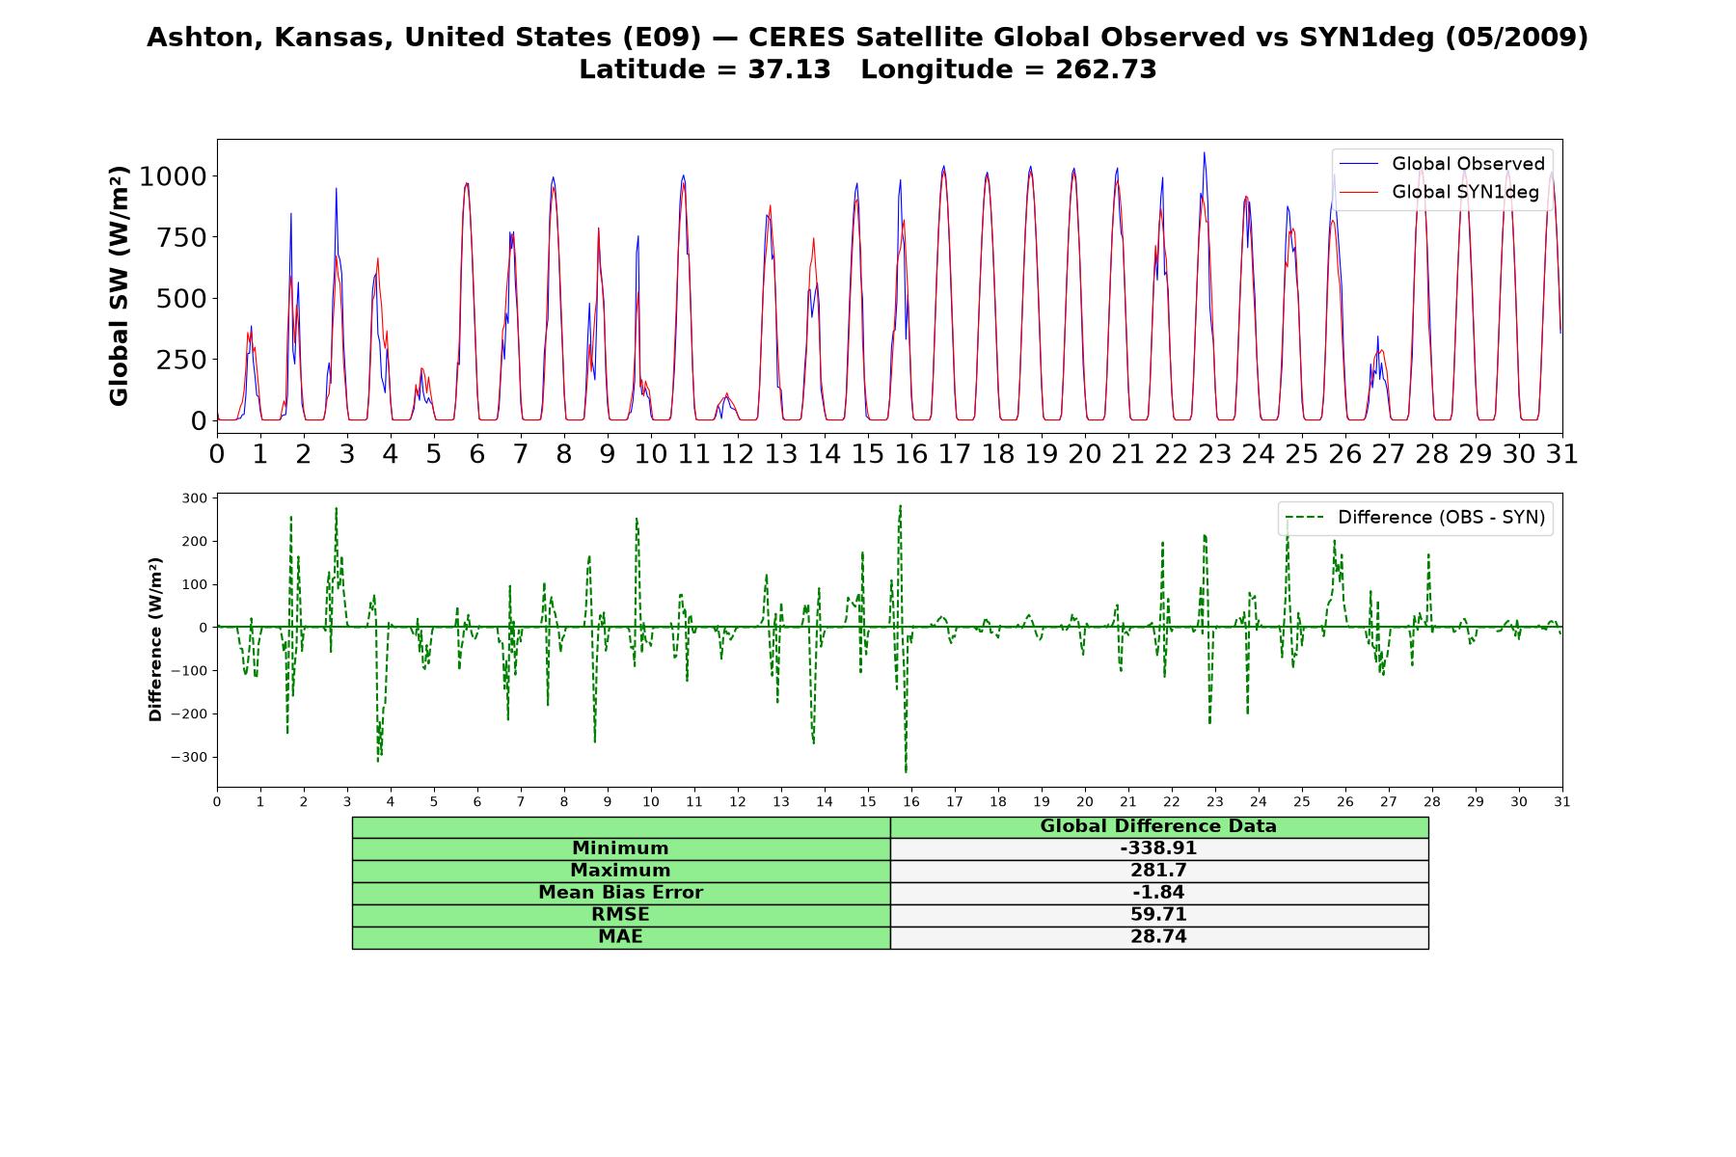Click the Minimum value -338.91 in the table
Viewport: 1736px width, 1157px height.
pyautogui.click(x=1158, y=848)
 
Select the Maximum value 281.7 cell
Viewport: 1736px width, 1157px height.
pyautogui.click(x=1158, y=871)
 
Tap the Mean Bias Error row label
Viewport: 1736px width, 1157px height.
pyautogui.click(x=620, y=893)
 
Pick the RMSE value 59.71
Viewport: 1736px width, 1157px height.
pyautogui.click(x=1158, y=915)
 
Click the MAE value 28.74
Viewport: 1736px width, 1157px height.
pyautogui.click(x=1158, y=937)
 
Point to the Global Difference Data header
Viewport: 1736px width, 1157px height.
pyautogui.click(x=1158, y=826)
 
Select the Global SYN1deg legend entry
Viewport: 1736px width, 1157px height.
pyautogui.click(x=1439, y=193)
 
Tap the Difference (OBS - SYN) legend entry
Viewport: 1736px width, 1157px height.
pyautogui.click(x=1415, y=518)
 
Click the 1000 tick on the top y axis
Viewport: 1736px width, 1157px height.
pyautogui.click(x=173, y=176)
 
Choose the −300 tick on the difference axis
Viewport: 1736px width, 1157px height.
pyautogui.click(x=189, y=758)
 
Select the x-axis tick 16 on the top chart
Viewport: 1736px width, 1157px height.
pyautogui.click(x=910, y=454)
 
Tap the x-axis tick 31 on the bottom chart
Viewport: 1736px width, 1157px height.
pyautogui.click(x=1562, y=802)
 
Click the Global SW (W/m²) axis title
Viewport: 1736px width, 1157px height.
pyautogui.click(x=119, y=286)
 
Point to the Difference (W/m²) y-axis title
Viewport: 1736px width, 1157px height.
pyautogui.click(x=155, y=639)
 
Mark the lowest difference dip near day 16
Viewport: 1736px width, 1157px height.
pyautogui.click(x=906, y=772)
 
